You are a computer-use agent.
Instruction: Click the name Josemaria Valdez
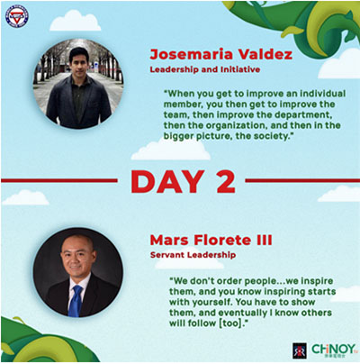click(221, 55)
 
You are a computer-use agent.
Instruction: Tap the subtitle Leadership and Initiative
click(205, 69)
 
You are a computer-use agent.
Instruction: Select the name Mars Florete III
click(211, 240)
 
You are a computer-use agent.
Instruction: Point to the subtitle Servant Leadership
click(193, 255)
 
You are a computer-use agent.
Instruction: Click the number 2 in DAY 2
click(226, 182)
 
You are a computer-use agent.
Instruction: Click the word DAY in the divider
click(168, 182)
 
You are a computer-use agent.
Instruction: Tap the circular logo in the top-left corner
click(17, 16)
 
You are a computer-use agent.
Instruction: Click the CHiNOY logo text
click(334, 350)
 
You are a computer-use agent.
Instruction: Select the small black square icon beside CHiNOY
click(300, 350)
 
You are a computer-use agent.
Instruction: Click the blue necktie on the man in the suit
click(75, 301)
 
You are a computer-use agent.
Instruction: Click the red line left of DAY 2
click(59, 180)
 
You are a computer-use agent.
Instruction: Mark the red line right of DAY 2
click(302, 180)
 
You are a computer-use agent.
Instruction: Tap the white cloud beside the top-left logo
click(75, 21)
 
